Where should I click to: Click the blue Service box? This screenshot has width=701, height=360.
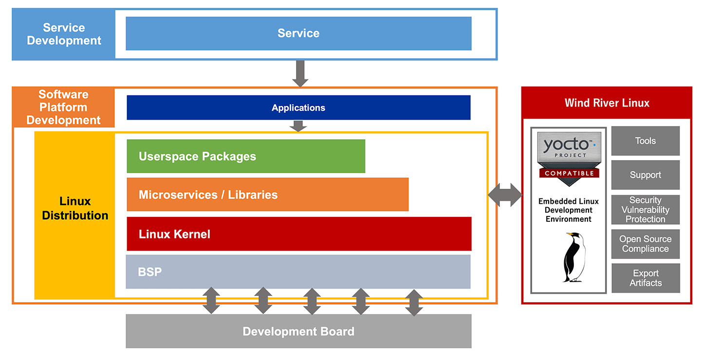[x=298, y=34]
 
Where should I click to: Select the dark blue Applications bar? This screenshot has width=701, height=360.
[x=298, y=108]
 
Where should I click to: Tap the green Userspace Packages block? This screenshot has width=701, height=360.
[x=246, y=156]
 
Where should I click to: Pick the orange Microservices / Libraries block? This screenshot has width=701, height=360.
[x=268, y=195]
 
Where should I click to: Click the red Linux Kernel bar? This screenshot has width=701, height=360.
[x=299, y=234]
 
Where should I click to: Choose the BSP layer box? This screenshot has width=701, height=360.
[x=298, y=272]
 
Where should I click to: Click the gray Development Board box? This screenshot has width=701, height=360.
[x=298, y=331]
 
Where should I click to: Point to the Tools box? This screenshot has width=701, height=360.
[x=646, y=141]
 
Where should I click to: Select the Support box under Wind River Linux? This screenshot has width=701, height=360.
[x=646, y=175]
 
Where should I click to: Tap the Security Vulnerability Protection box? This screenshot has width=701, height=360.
[x=646, y=210]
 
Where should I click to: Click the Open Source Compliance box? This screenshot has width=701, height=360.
[x=646, y=244]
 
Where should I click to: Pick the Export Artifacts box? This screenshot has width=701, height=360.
[x=646, y=278]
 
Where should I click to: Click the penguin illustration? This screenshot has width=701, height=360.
[x=574, y=257]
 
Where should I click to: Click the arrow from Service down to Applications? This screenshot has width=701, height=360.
[x=300, y=74]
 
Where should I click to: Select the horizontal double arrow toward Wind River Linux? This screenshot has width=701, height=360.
[x=505, y=195]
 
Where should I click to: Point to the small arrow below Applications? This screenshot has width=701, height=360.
[x=298, y=126]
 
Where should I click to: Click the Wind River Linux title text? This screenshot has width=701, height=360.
[x=607, y=103]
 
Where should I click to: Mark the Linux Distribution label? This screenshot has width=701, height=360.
[x=75, y=208]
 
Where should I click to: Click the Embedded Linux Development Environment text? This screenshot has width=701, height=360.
[x=568, y=210]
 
